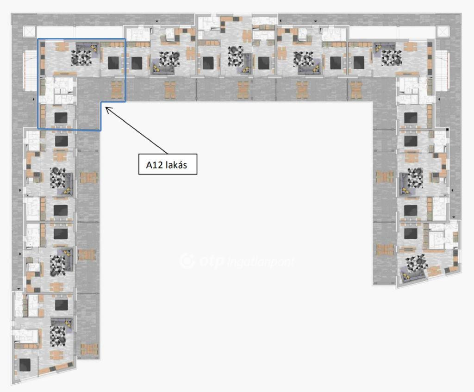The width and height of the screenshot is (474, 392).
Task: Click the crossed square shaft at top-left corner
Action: tap(29, 32)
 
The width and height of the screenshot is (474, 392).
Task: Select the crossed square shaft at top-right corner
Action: tap(443, 32)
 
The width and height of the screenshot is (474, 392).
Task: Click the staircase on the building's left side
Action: tap(29, 71)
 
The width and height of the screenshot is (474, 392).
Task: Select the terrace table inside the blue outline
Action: tap(117, 90)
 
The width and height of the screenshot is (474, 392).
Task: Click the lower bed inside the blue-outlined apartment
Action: tap(61, 118)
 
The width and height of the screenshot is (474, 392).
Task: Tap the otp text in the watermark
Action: tap(211, 261)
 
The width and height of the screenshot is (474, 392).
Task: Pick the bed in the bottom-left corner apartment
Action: tap(25, 365)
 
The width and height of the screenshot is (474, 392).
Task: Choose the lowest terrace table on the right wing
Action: tap(385, 249)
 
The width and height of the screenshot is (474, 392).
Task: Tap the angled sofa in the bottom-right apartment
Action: tap(412, 275)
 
